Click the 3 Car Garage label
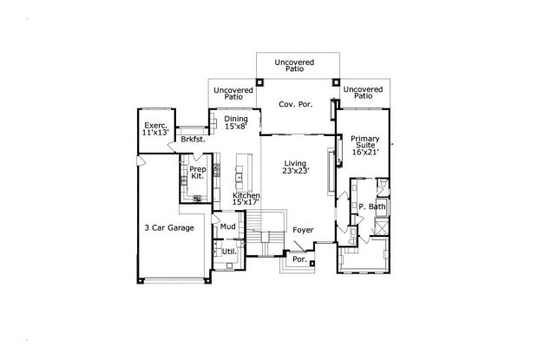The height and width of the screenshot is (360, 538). point(169,227)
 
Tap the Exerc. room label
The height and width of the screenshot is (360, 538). point(156,126)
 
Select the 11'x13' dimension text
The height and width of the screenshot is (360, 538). point(156,132)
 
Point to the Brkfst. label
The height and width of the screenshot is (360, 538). point(194,139)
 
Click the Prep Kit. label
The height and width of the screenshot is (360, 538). point(198,173)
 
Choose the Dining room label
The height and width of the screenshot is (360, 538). point(236,119)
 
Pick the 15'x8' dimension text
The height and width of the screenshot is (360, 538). point(236,126)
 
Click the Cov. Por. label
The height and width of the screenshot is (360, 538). point(295,104)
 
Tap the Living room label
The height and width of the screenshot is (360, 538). point(295,163)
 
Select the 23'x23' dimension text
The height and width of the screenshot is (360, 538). point(296,170)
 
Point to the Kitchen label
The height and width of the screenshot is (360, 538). point(246,195)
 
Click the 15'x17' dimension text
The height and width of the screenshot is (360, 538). point(246,202)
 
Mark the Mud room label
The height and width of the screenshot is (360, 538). point(228,226)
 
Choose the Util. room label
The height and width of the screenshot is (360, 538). point(229,252)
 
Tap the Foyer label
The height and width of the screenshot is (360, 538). point(303,230)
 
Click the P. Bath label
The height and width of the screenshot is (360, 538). point(372,206)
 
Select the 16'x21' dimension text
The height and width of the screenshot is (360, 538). point(365,152)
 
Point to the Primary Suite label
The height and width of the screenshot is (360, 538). point(365,142)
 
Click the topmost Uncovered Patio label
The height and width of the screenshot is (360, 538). point(294,65)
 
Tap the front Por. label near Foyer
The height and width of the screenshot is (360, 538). point(299,259)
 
